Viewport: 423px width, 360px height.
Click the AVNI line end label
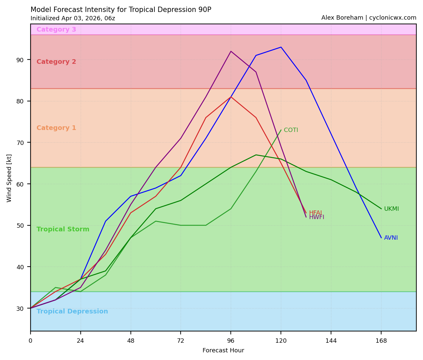tap(391, 238)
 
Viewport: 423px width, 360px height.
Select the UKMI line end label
tap(391, 209)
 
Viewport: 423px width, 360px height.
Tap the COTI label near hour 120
tap(291, 130)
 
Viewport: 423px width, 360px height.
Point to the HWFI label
tap(316, 217)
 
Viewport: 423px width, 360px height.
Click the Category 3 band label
tap(56, 30)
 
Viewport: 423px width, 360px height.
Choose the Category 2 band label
tap(56, 62)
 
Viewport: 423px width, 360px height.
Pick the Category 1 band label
tap(56, 128)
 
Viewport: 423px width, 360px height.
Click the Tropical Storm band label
tap(63, 229)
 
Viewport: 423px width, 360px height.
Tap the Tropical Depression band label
tap(72, 311)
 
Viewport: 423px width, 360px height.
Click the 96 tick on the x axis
tap(231, 341)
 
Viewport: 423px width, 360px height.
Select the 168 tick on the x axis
tap(381, 341)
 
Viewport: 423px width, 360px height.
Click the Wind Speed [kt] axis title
tap(9, 178)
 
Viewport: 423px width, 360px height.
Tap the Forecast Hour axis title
tap(223, 350)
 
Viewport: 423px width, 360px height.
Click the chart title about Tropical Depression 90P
tap(121, 10)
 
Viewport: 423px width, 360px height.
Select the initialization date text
tap(73, 19)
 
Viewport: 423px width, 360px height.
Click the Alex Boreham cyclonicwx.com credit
tap(369, 18)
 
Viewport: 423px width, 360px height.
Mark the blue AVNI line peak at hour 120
tap(281, 47)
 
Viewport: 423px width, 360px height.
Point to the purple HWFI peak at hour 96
tap(231, 51)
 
